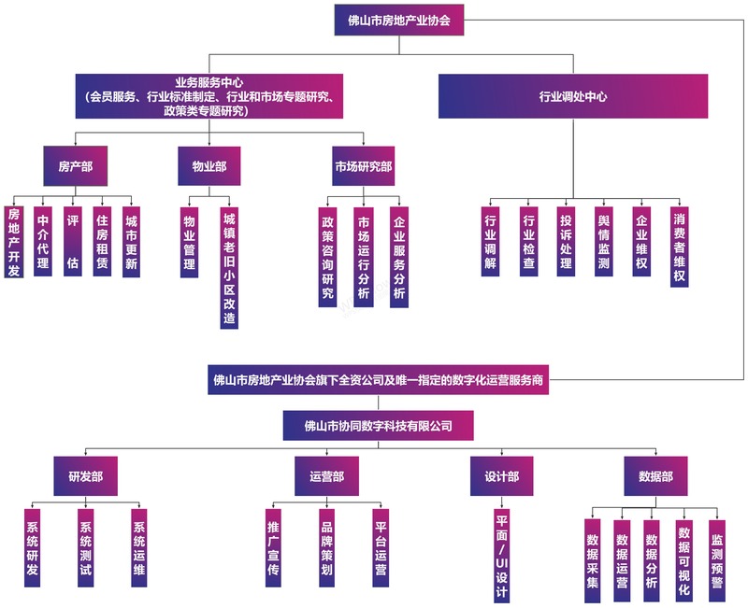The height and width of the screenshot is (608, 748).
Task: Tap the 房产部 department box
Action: point(75,166)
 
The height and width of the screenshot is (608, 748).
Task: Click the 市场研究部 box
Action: point(363,166)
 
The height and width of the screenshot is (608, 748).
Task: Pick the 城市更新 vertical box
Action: point(131,241)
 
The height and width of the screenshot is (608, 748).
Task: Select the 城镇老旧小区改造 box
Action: point(229,266)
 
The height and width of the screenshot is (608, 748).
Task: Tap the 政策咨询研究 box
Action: point(327,257)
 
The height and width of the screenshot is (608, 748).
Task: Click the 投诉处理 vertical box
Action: point(566,241)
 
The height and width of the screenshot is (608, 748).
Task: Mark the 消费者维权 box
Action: point(680,247)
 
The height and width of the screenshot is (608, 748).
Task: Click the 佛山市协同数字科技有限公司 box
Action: point(380,427)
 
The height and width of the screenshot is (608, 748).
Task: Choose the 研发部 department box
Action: point(85,476)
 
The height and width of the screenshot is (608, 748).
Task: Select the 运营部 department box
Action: point(326,476)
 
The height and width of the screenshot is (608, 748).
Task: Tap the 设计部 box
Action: point(501,476)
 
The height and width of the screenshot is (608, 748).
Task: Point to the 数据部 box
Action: point(654,476)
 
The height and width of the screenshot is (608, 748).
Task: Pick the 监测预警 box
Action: point(716,556)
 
